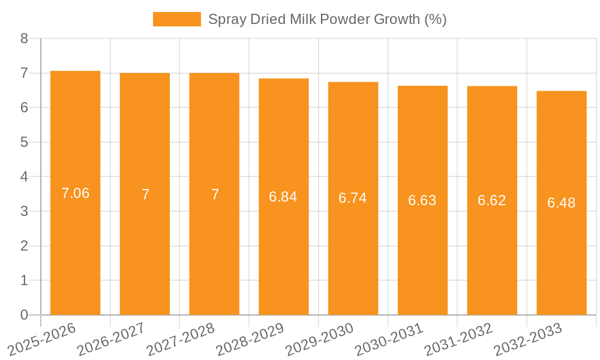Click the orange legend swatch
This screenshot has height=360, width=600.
(177, 19)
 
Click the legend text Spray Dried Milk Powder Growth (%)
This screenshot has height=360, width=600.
(327, 19)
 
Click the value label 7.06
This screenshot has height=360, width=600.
(75, 193)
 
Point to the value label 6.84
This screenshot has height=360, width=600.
(283, 197)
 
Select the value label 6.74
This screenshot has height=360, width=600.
(353, 199)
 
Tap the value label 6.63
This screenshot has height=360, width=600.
(422, 200)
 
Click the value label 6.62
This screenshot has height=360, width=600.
(491, 200)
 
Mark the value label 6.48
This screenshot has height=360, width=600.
(561, 203)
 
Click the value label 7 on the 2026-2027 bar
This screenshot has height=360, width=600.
(145, 194)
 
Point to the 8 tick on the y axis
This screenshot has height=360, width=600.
(24, 38)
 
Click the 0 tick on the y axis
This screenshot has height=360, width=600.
(24, 315)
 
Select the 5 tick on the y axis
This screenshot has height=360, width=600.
(24, 142)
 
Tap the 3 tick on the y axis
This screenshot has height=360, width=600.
(24, 211)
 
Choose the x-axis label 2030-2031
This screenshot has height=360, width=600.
(389, 338)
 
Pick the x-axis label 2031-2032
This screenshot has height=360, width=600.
(459, 338)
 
